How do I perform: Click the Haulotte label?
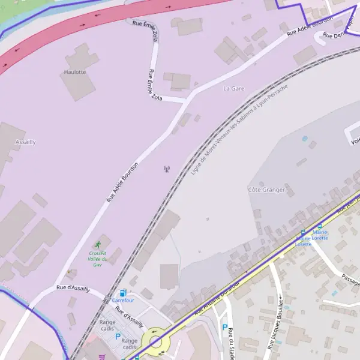[75, 72]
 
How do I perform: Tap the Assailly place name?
[25, 142]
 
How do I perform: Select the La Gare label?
[234, 88]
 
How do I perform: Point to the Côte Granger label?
[266, 190]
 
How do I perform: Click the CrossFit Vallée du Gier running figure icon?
[98, 244]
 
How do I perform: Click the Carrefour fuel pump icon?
[123, 293]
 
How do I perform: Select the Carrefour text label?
[123, 300]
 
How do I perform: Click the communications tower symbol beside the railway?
[167, 169]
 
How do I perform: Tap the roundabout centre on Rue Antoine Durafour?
[156, 341]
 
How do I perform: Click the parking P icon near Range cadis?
[118, 337]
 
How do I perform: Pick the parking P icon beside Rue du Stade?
[224, 328]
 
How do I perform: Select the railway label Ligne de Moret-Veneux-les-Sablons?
[240, 129]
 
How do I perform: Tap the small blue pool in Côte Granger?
[305, 139]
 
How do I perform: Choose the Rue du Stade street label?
[231, 345]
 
